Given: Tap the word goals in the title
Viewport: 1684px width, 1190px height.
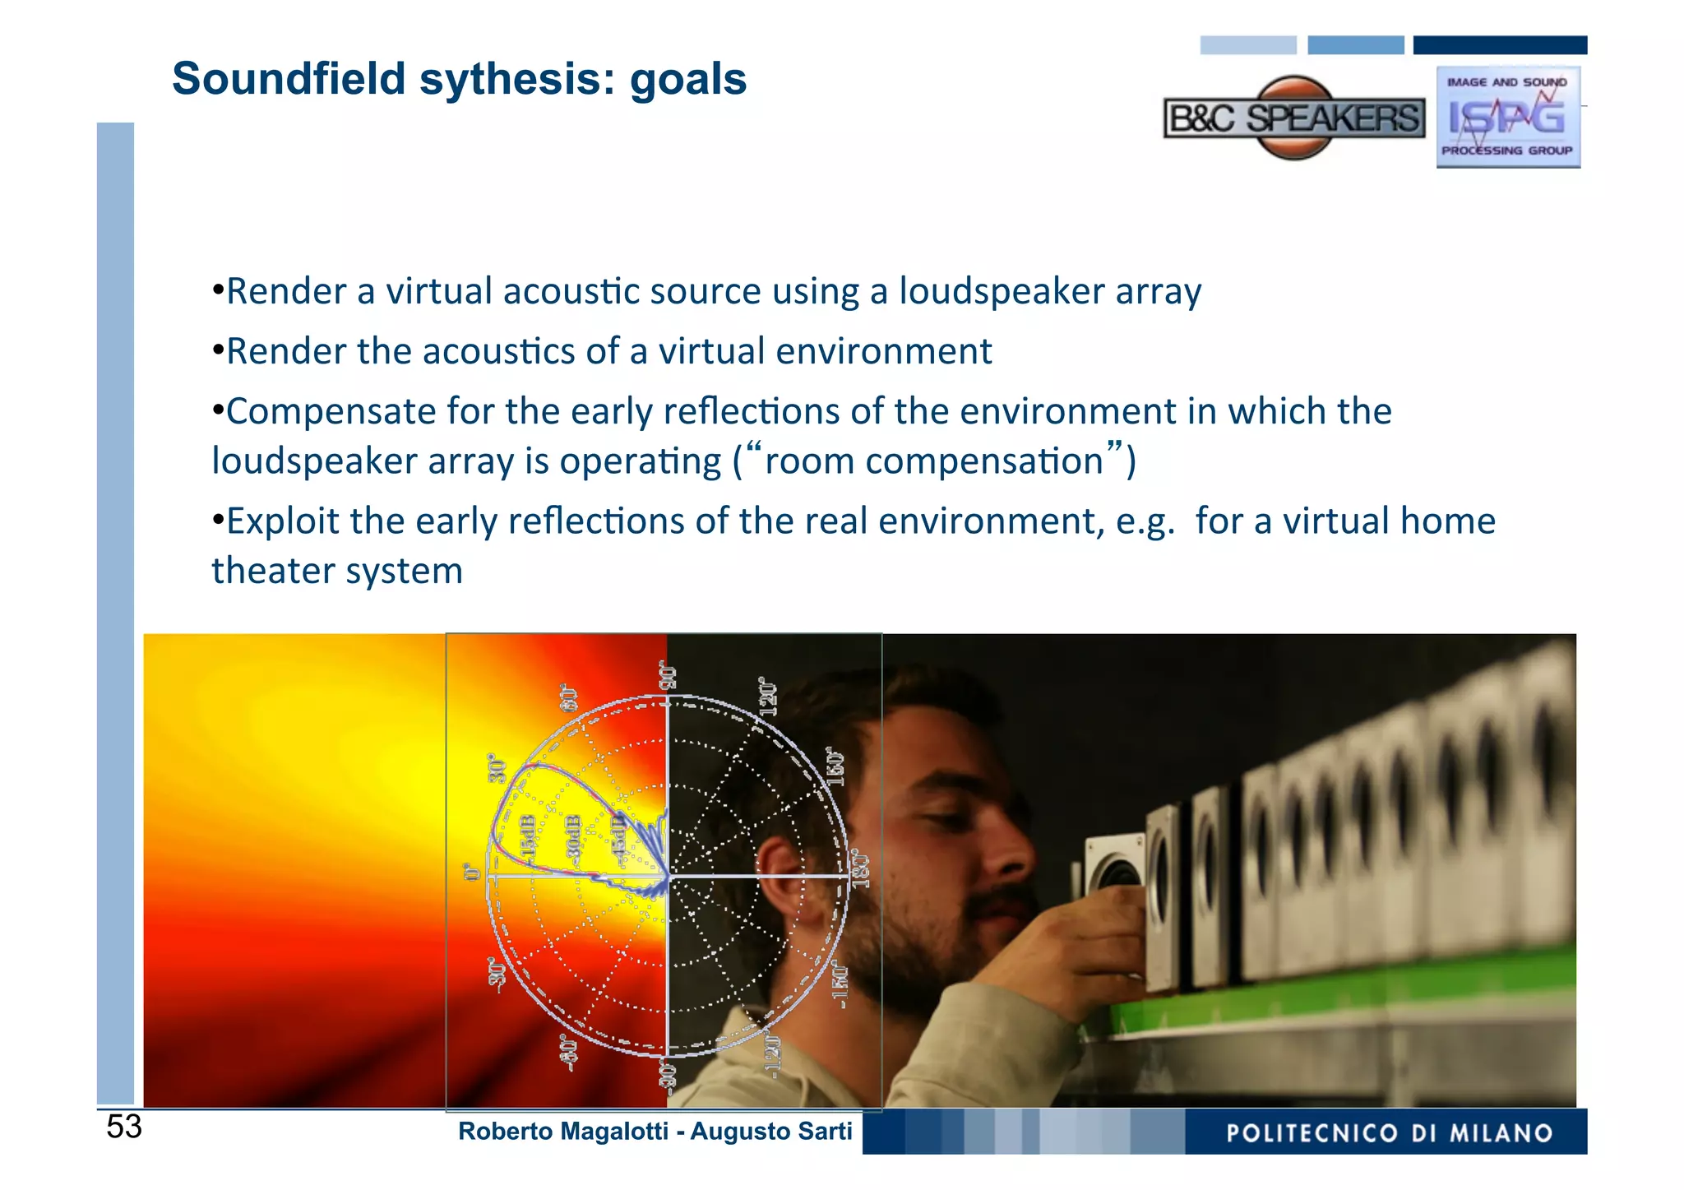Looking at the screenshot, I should pos(688,79).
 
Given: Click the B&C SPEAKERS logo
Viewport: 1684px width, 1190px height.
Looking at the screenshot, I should pos(1294,118).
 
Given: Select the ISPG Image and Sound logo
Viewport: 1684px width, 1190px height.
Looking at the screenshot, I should pos(1508,118).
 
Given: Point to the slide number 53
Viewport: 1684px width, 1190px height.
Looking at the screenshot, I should pos(124,1127).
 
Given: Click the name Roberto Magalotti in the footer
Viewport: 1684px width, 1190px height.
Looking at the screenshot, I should pos(563,1132).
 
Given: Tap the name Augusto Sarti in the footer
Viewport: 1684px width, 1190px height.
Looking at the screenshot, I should pos(771,1132).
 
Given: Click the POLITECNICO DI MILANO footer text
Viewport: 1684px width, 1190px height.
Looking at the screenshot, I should pos(1390,1133).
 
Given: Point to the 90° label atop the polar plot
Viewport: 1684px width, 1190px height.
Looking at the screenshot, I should pos(669,676).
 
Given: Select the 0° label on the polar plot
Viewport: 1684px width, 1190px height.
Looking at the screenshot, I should pos(472,872).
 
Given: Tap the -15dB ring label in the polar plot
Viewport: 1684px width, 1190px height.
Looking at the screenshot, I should pos(529,839).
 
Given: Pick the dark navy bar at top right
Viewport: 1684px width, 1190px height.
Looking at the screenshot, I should pos(1500,45).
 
